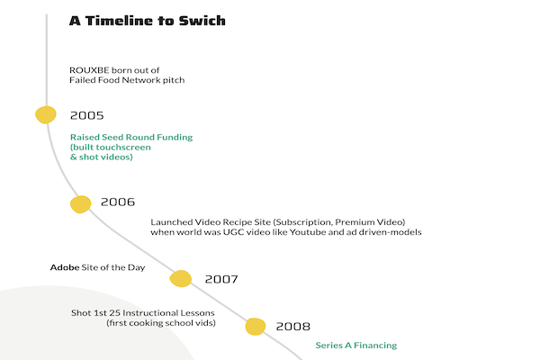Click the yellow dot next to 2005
46,114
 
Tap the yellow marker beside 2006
81,204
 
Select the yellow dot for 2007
181,278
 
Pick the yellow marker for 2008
256,326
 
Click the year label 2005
86,115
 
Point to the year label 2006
118,202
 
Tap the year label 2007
221,279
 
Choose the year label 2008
293,326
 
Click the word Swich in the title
202,21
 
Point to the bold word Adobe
65,267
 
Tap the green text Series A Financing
356,346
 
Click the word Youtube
308,232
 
